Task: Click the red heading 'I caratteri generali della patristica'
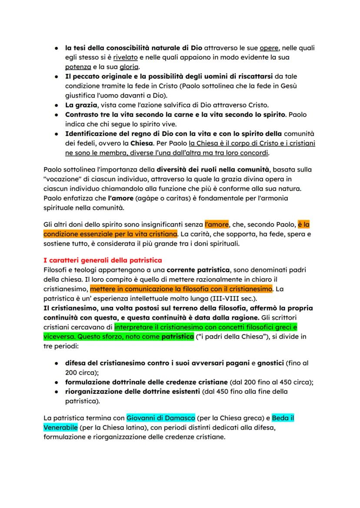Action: click(x=103, y=260)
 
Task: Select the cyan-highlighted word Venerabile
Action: click(x=60, y=428)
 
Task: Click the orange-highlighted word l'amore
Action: click(x=217, y=225)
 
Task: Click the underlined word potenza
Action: click(x=78, y=66)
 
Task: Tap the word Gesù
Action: click(x=288, y=86)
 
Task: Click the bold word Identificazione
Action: click(x=92, y=133)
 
